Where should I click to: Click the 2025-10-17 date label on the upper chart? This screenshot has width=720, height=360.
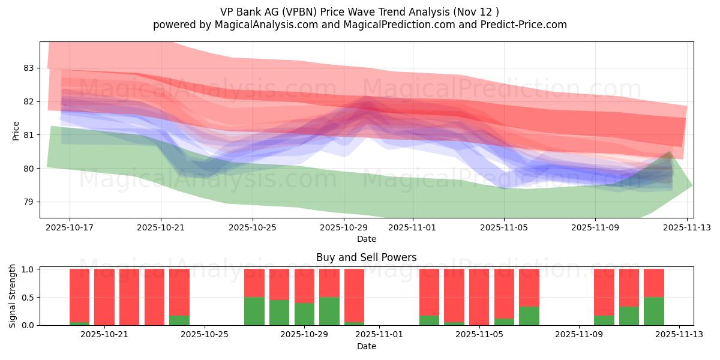coord(70,227)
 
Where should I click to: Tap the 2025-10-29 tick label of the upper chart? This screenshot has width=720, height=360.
coord(344,227)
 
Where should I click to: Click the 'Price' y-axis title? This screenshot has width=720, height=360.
coord(16,130)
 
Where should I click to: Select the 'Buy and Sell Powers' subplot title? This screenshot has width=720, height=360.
coord(366,257)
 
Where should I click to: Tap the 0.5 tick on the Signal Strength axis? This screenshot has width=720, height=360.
coord(27,297)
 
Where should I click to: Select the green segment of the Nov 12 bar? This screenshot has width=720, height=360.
coord(654,311)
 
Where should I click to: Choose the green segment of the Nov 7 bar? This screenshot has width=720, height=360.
coord(529,316)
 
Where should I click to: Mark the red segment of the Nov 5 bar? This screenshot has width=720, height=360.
coord(479,297)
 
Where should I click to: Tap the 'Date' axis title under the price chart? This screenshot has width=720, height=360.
coord(366,239)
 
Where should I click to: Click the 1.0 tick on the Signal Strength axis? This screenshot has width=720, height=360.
coord(27,269)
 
